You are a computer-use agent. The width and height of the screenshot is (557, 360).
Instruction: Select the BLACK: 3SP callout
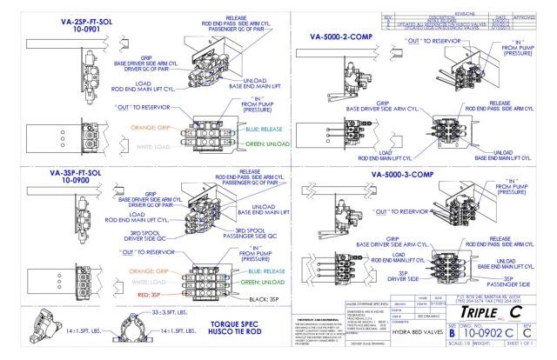click(x=262, y=298)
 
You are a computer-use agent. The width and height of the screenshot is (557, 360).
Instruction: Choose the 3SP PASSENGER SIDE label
click(x=502, y=280)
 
